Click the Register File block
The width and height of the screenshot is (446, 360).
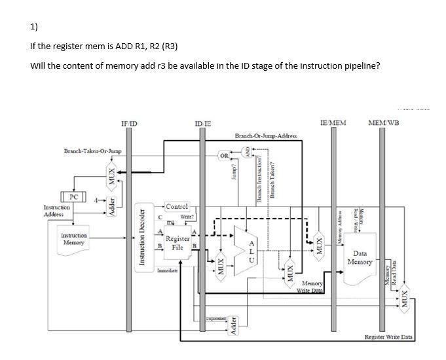(177, 243)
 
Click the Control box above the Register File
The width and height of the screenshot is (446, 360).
(177, 207)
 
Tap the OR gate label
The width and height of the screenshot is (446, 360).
(224, 156)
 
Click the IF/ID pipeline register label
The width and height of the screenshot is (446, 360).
(128, 122)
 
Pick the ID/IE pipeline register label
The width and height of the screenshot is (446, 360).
(203, 122)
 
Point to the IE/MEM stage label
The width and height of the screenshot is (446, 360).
(333, 122)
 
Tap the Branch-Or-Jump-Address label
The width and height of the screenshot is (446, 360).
(265, 135)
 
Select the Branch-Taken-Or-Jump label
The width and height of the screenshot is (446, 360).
(92, 151)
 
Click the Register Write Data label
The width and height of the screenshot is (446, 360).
(388, 337)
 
